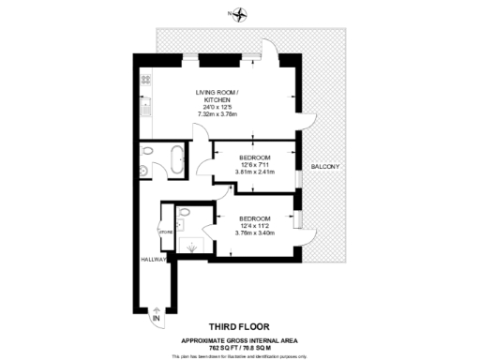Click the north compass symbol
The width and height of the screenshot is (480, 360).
tap(241, 14)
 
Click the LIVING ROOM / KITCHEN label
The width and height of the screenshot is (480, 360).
tap(218, 96)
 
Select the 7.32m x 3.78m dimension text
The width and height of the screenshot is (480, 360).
tap(217, 114)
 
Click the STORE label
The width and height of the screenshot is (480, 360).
tap(167, 229)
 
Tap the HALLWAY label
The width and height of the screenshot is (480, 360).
tap(154, 259)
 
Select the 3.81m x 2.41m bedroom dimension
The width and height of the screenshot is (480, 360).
tap(254, 172)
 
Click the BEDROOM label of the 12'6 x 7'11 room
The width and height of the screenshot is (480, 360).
tap(254, 157)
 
